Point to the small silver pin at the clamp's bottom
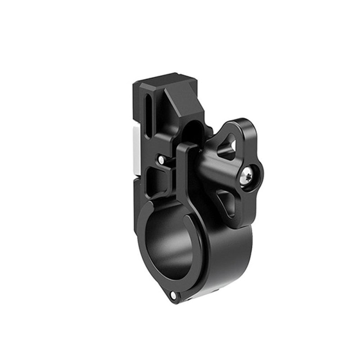coord(173,295)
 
